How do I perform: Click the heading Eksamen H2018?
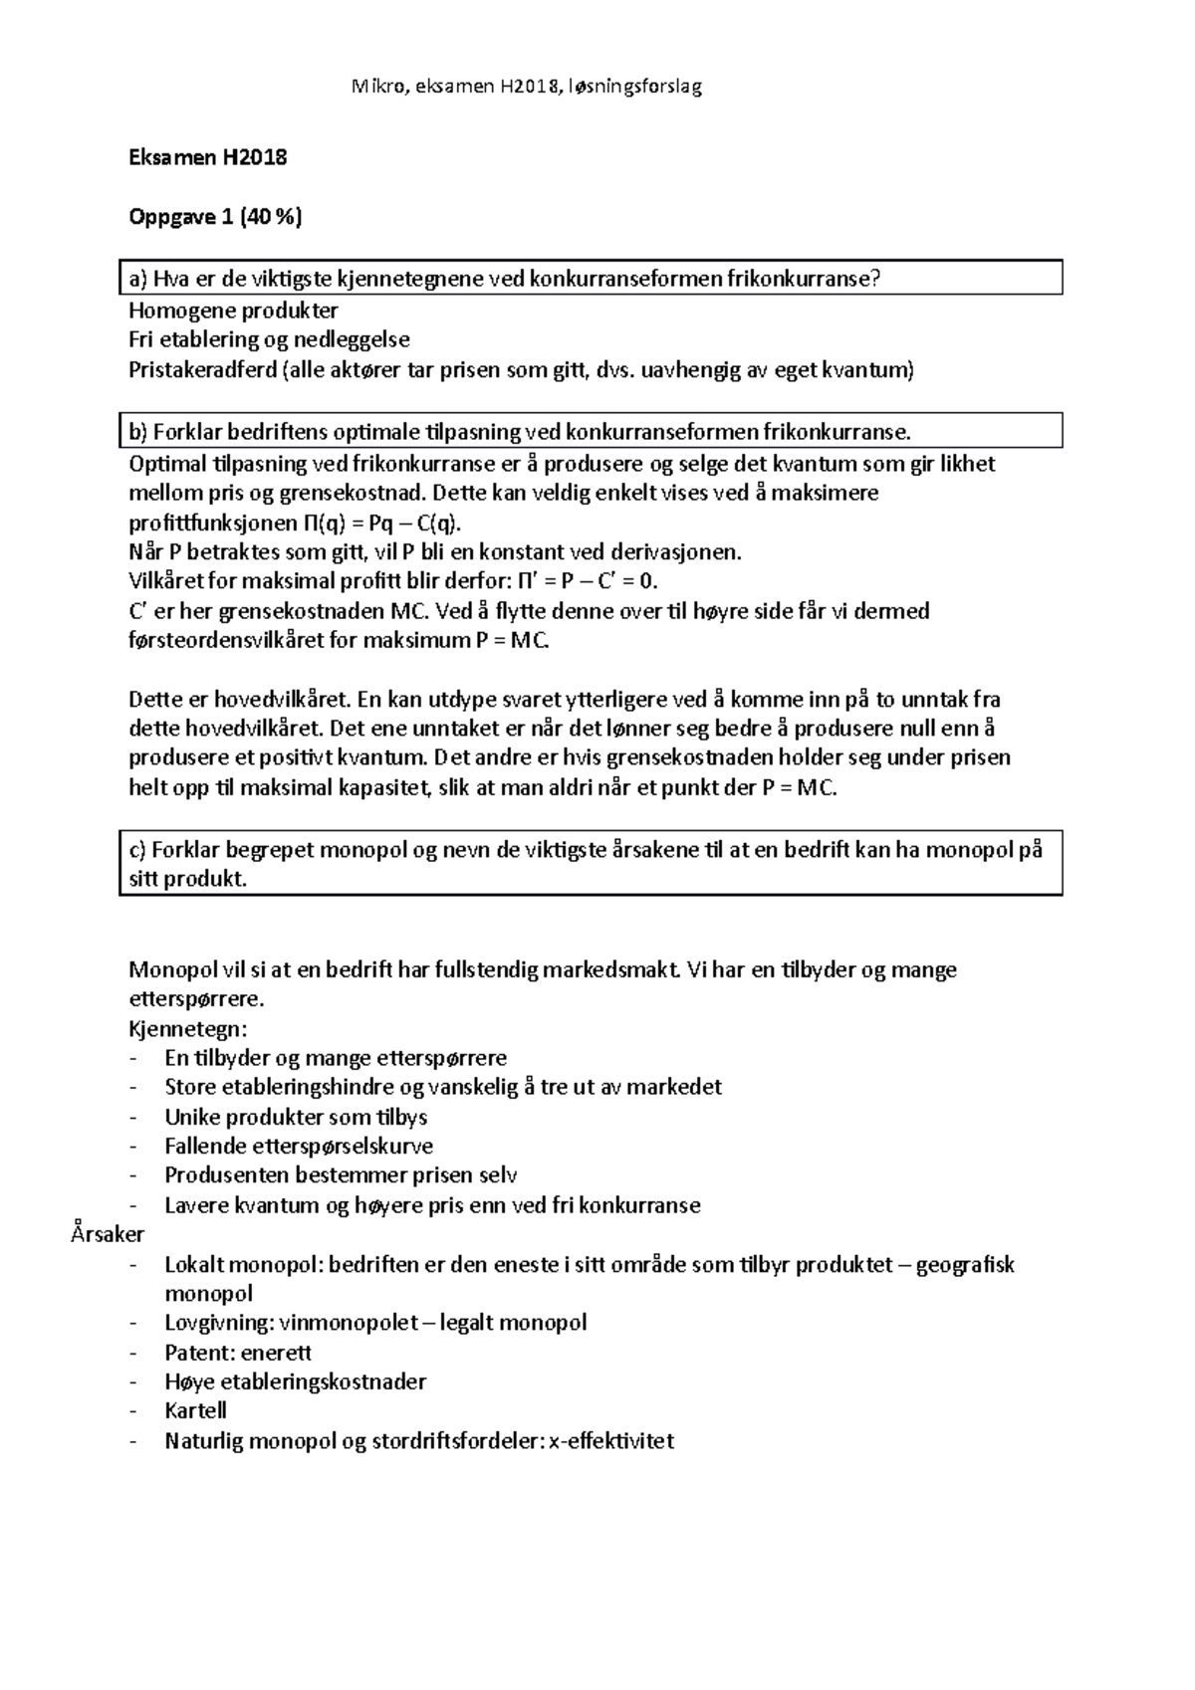point(208,157)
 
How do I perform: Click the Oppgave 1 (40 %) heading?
point(215,218)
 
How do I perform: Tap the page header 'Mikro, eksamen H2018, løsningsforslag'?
point(527,87)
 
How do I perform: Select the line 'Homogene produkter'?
point(233,311)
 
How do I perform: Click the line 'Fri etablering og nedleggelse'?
point(269,340)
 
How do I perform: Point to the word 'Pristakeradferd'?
point(203,371)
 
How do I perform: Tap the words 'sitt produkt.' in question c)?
point(188,880)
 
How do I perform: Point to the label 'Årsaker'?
point(108,1235)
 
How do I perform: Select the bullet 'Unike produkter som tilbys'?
point(296,1117)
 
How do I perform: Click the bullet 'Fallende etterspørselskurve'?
point(299,1147)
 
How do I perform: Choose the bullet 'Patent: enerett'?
point(238,1353)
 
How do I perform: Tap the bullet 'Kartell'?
point(195,1411)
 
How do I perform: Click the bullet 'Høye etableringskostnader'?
point(295,1382)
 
